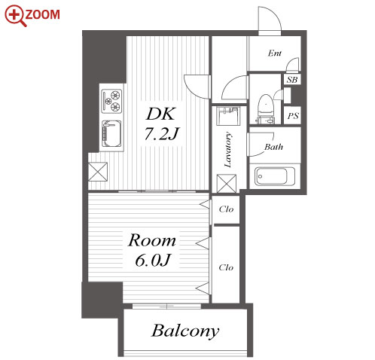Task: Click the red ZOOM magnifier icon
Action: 15,16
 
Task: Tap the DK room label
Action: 160,114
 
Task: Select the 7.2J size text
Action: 162,133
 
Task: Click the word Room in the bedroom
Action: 152,240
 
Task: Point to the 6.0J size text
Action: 153,260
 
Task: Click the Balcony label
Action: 185,331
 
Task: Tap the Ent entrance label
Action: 275,53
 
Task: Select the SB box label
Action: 292,80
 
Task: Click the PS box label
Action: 293,116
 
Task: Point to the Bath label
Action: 273,147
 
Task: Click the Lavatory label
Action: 228,150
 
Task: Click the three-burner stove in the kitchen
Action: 112,101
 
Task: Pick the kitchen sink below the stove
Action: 111,133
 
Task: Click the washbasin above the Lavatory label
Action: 228,116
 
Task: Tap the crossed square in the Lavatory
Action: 227,184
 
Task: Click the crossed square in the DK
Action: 98,172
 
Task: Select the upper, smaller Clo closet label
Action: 226,209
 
